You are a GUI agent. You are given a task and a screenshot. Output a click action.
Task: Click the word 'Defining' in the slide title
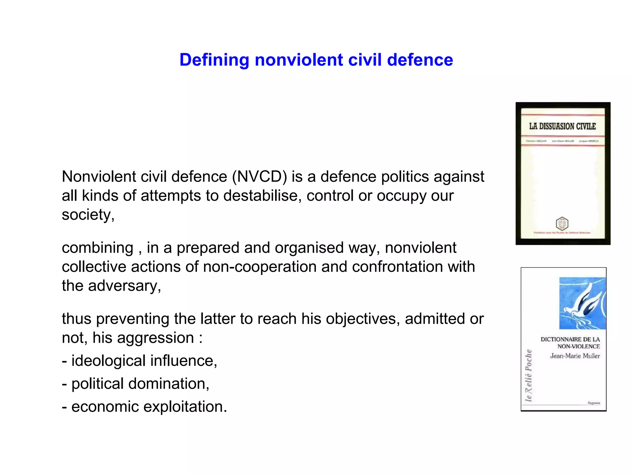pyautogui.click(x=214, y=60)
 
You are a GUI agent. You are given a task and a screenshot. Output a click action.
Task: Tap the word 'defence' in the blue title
pyautogui.click(x=420, y=60)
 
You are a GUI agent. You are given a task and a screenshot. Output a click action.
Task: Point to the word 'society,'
pyautogui.click(x=88, y=215)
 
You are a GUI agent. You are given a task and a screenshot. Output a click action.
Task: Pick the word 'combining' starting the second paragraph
pyautogui.click(x=97, y=248)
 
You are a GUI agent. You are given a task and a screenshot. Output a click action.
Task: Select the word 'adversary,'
pyautogui.click(x=125, y=286)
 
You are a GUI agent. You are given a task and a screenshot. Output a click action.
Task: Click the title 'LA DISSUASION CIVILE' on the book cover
pyautogui.click(x=563, y=126)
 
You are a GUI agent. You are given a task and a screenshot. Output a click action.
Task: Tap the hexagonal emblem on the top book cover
pyautogui.click(x=562, y=224)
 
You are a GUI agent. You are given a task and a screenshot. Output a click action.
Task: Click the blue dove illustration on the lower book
pyautogui.click(x=582, y=303)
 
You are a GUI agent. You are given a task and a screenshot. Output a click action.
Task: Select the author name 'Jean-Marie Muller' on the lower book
pyautogui.click(x=575, y=356)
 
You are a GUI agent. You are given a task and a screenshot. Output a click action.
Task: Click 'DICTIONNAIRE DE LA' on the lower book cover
pyautogui.click(x=570, y=339)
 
